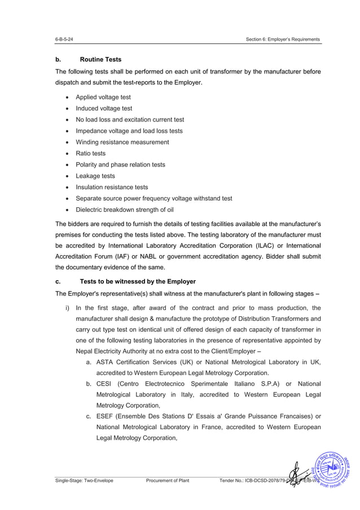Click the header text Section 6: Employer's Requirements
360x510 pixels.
(283, 40)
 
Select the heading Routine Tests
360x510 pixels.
(100, 59)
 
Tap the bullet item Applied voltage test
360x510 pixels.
(103, 97)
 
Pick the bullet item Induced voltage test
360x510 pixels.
(104, 108)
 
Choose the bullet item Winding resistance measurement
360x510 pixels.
(122, 142)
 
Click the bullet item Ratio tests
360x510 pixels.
(90, 154)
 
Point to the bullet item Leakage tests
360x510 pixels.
(95, 176)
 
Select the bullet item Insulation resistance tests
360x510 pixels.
(112, 188)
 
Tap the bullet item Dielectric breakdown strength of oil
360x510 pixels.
(125, 210)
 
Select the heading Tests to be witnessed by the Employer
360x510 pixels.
(138, 281)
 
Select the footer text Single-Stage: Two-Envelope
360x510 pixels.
(84, 481)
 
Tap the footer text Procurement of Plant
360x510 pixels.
(167, 481)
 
